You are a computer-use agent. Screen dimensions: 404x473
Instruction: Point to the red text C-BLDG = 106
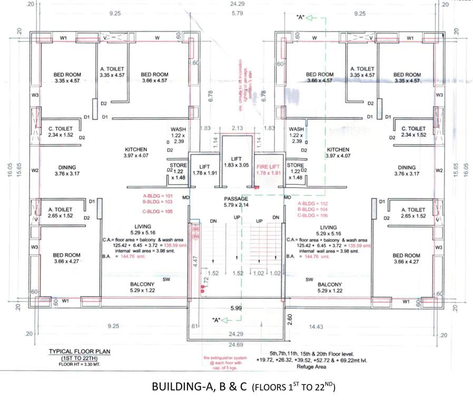click(x=313, y=216)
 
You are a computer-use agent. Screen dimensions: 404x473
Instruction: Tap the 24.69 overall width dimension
click(x=235, y=345)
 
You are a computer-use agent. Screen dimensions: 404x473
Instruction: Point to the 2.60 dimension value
click(x=290, y=318)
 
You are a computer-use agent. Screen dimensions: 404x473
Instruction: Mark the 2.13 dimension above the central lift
click(x=236, y=128)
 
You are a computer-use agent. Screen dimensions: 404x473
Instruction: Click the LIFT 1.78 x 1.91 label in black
click(x=205, y=169)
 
